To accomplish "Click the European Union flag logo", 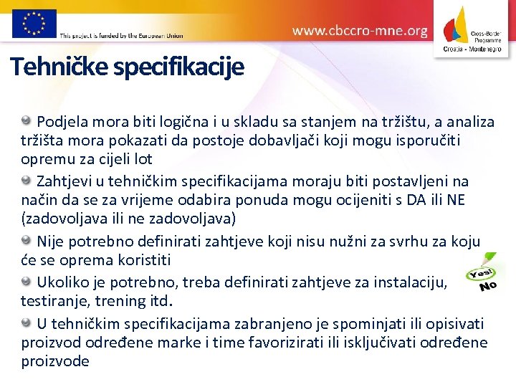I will coord(34,23).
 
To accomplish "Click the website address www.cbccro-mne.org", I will coord(360,31).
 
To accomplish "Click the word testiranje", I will coord(52,301).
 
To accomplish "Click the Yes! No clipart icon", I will coord(482,274).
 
